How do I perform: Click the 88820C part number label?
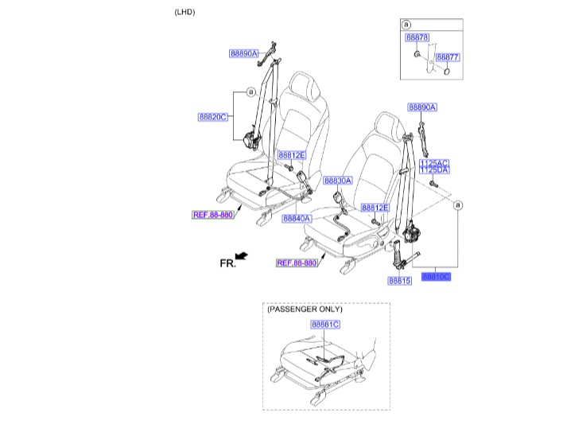point(213,117)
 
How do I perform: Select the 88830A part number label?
point(338,181)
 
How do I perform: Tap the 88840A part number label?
point(296,218)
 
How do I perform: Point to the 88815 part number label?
point(400,281)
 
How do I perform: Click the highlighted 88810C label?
point(436,277)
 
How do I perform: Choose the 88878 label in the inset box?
point(417,37)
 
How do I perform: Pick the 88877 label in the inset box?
point(448,58)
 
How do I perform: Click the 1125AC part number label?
point(433,162)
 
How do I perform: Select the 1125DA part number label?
point(433,170)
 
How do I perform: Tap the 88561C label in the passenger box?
point(324,325)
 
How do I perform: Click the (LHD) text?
point(184,13)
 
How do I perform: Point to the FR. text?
point(228,263)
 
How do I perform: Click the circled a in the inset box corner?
point(406,25)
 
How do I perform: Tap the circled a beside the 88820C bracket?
point(249,92)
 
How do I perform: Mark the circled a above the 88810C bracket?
point(458,206)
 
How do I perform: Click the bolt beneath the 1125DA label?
point(433,185)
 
